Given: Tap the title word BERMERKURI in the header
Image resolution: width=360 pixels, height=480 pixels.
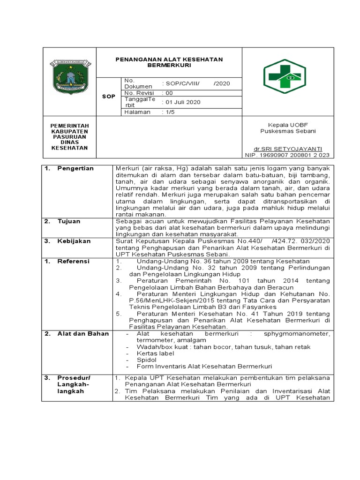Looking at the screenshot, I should [169, 66].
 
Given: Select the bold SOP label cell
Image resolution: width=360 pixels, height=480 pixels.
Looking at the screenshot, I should [108, 96].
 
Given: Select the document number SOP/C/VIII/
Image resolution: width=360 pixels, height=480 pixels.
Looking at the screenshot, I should [180, 83].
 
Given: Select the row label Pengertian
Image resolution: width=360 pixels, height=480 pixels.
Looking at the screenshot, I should [75, 168].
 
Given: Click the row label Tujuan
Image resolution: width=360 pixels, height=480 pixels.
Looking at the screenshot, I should [69, 221].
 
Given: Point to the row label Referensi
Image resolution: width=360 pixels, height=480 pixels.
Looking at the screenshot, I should [73, 261].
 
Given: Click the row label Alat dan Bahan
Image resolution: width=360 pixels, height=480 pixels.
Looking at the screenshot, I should [83, 333].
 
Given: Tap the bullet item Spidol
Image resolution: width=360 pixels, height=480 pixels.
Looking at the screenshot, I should [146, 360].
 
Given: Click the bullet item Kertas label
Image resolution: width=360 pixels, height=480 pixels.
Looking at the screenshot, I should [155, 353].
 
